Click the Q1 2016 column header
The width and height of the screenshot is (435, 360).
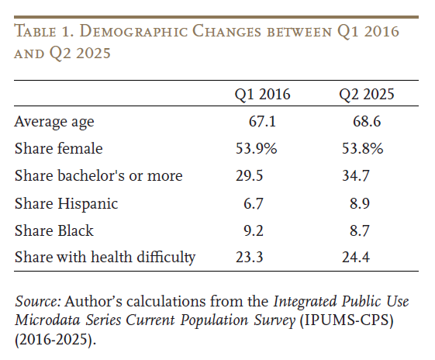[263, 95]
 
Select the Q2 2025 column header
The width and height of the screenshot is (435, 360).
[366, 95]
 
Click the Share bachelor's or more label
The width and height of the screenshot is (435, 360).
[98, 175]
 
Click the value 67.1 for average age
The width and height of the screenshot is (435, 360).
[263, 122]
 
